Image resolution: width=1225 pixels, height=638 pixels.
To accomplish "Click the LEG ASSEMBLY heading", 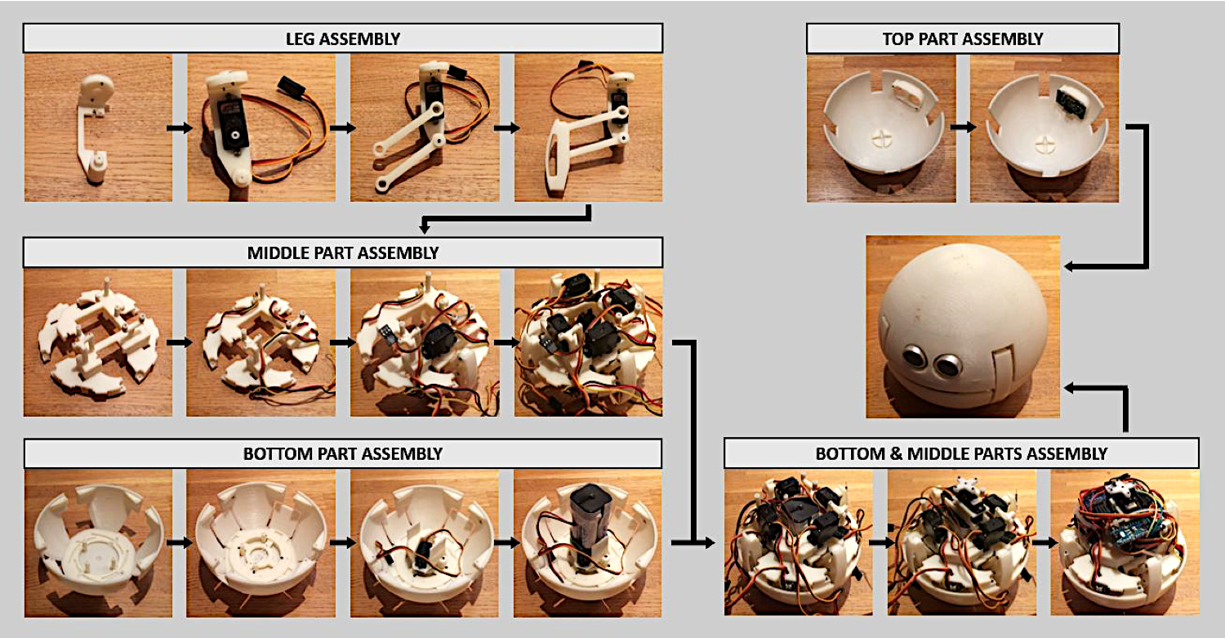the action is click(x=343, y=39).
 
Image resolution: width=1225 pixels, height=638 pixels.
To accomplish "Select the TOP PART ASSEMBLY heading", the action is click(x=963, y=39).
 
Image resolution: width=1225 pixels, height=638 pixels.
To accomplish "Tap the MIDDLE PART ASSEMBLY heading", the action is click(x=343, y=252).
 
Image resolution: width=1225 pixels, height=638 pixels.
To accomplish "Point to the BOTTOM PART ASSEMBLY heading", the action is click(x=343, y=453).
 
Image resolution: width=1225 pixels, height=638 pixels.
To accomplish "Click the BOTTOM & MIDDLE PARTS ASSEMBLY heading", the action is click(x=961, y=453).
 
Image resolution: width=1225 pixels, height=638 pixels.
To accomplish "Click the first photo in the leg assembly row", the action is click(x=99, y=127).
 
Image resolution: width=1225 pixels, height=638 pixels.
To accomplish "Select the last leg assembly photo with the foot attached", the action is click(x=589, y=127).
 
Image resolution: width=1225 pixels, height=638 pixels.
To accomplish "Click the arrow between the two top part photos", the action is click(x=963, y=127).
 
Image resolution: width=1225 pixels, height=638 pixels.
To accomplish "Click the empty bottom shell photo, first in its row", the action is click(x=99, y=543).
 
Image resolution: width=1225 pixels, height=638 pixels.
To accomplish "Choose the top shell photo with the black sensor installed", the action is click(x=1045, y=128).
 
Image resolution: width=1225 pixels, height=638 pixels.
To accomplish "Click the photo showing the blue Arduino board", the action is click(x=1125, y=542).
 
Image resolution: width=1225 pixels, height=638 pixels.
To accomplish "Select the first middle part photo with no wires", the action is click(x=98, y=342).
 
